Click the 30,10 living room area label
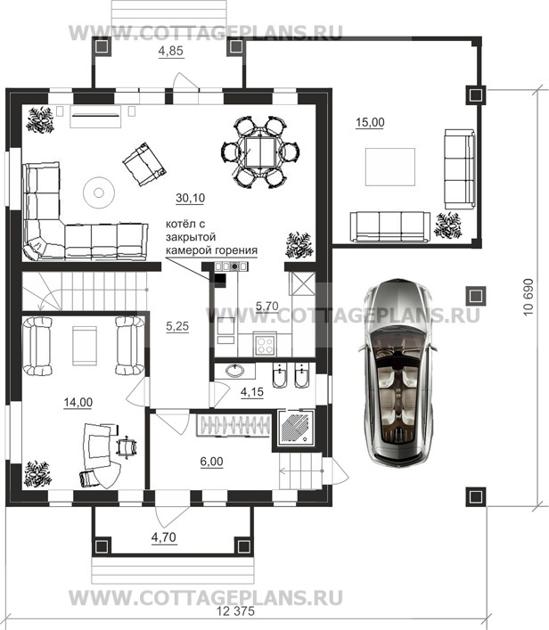click(191, 198)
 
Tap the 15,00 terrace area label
click(370, 122)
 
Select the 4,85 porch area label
click(171, 51)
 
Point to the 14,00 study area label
click(78, 402)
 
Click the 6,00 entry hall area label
click(212, 462)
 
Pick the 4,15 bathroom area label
click(252, 392)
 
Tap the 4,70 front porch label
click(164, 536)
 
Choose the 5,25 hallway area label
click(177, 326)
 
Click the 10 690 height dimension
click(529, 298)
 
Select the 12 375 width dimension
click(235, 611)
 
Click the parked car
click(397, 372)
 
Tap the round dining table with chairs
click(260, 151)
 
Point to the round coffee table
click(99, 192)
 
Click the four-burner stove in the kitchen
click(265, 345)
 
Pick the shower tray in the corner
click(296, 428)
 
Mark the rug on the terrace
click(389, 167)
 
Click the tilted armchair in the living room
click(143, 164)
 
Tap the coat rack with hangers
click(234, 425)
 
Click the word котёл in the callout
click(180, 224)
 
